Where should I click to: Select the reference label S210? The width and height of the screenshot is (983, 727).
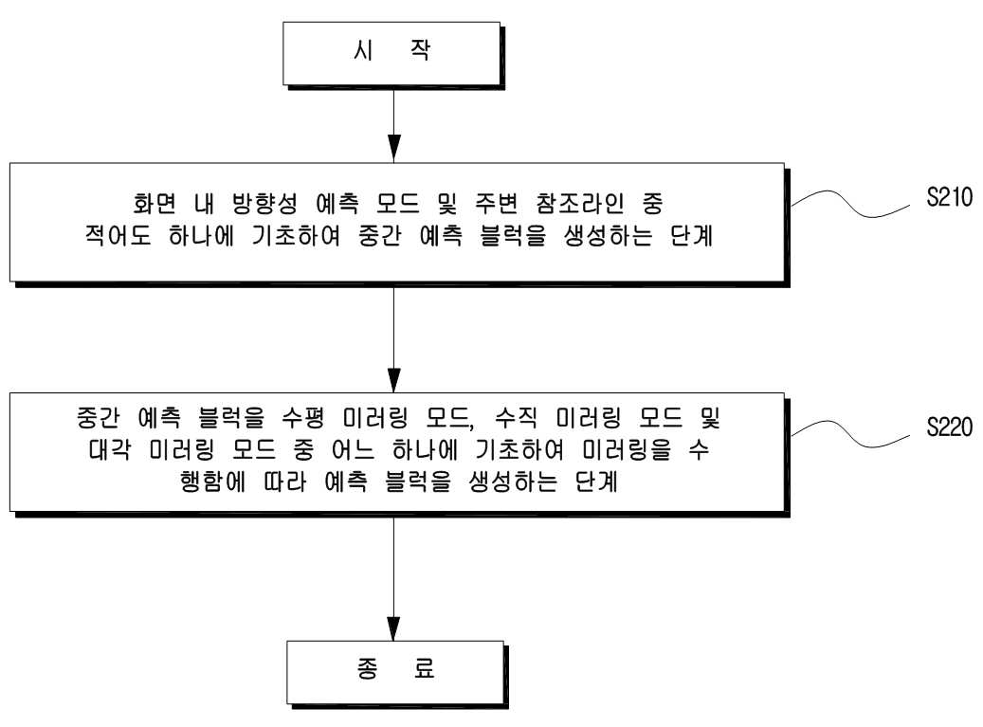click(949, 197)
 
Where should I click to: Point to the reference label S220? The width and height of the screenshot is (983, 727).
click(949, 427)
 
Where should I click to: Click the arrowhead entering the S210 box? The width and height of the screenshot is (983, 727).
click(393, 149)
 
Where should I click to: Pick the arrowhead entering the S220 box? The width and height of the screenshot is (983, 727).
click(393, 378)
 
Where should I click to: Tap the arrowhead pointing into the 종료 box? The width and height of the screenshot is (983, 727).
click(393, 627)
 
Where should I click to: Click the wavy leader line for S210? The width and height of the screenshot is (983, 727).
click(850, 205)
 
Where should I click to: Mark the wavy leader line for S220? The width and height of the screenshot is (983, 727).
click(850, 434)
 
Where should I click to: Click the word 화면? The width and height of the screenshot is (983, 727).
click(155, 203)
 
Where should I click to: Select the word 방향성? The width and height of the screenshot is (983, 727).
click(264, 203)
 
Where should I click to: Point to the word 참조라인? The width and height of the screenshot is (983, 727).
click(580, 203)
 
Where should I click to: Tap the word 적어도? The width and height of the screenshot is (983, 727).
click(118, 236)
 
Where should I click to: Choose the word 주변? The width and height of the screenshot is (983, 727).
click(496, 203)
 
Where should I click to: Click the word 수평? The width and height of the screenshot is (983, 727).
click(302, 417)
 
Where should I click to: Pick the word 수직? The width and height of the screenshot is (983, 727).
click(516, 417)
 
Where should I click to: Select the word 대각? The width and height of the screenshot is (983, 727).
click(110, 449)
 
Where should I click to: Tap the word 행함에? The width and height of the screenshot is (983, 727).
click(212, 482)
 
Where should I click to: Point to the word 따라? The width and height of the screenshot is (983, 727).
click(284, 482)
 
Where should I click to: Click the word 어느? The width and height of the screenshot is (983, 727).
click(353, 449)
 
